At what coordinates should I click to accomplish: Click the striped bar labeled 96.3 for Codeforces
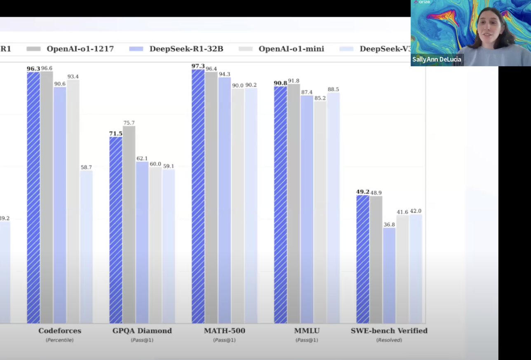(33, 198)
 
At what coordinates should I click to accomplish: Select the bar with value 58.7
(86, 247)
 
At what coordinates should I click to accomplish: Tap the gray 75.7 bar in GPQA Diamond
(129, 224)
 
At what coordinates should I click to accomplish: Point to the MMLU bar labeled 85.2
(320, 212)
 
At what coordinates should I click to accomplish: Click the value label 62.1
(142, 158)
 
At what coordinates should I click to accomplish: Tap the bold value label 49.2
(363, 192)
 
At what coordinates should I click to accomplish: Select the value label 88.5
(333, 89)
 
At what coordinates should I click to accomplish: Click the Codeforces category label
(60, 331)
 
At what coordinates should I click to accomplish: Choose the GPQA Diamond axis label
(142, 331)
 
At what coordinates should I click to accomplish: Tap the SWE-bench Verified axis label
(389, 331)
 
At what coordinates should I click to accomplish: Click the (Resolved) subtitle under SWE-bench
(389, 340)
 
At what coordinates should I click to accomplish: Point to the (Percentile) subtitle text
(60, 340)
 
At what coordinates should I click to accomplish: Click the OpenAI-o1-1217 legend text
(80, 49)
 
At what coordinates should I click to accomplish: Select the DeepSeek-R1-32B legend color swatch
(136, 49)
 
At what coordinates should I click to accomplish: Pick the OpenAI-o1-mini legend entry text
(291, 49)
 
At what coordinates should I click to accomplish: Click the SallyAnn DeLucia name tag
(437, 59)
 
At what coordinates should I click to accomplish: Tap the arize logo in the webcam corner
(422, 2)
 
